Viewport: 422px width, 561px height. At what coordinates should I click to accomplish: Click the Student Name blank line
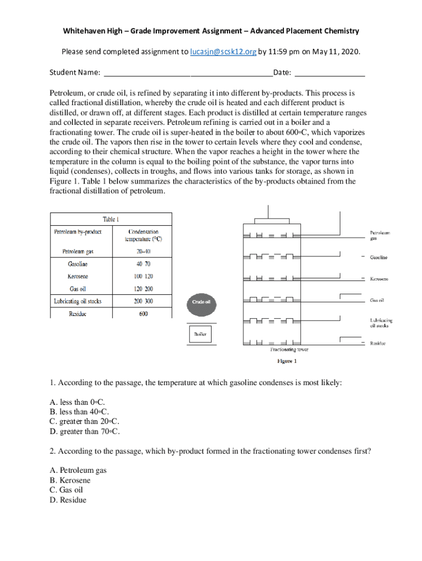187,73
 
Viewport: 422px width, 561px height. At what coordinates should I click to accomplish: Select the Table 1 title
111,220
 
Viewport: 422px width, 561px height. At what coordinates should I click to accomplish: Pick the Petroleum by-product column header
78,232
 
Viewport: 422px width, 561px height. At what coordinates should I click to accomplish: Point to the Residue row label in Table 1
77,314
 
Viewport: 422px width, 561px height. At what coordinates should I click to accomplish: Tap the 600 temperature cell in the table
143,314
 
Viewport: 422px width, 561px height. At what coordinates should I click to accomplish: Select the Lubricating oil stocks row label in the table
78,301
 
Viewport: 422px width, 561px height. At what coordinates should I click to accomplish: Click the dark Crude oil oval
201,302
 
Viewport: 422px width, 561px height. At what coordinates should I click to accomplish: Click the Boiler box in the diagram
200,334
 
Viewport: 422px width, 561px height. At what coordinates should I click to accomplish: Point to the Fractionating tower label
289,349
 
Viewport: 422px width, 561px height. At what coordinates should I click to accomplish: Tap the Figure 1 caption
287,361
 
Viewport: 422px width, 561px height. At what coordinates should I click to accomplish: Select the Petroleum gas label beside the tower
380,236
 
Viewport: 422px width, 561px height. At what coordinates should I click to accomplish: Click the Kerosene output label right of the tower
379,279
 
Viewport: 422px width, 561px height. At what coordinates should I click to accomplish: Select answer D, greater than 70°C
84,431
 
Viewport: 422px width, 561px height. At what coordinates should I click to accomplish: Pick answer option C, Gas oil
66,490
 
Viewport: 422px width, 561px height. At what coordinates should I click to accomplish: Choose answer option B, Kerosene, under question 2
70,480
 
